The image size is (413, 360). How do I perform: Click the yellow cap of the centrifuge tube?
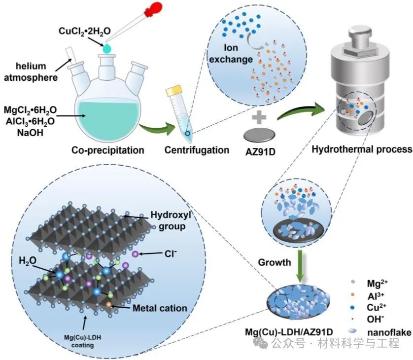pos(175,91)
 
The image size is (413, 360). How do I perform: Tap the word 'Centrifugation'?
pos(197,149)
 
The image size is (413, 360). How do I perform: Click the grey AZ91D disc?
pos(260,135)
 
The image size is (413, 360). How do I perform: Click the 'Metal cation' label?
pos(160,308)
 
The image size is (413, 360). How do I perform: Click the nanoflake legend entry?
pos(384,332)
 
